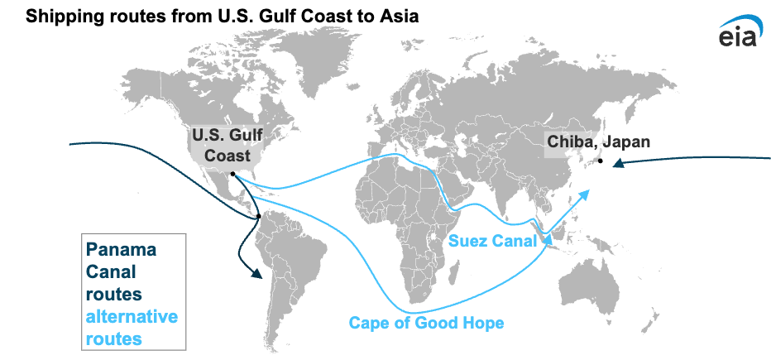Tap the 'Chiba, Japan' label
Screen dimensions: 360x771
[x=598, y=142]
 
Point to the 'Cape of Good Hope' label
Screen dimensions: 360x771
[x=425, y=323]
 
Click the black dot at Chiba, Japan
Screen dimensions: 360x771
[x=601, y=161]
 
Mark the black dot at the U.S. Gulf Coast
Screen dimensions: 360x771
[x=233, y=174]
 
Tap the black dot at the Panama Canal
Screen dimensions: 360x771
[x=259, y=217]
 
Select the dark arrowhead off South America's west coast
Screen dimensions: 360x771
[x=251, y=271]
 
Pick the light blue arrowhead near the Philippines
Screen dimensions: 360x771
[x=587, y=194]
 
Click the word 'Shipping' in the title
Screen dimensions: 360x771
[x=64, y=16]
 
